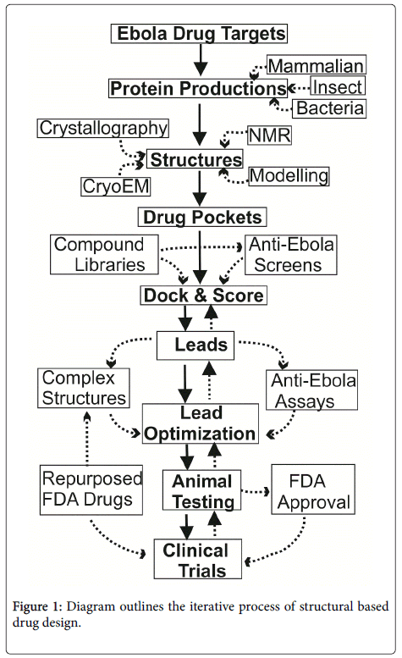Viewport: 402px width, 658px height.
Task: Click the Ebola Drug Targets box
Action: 199,34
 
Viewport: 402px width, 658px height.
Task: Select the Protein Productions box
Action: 198,88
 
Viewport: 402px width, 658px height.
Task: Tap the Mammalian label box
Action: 317,65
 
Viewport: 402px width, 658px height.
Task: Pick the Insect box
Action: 338,86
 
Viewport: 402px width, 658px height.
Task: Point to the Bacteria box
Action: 329,108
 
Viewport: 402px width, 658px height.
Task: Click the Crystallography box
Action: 103,128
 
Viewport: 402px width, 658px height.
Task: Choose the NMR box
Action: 269,135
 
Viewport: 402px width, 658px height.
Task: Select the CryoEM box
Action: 116,186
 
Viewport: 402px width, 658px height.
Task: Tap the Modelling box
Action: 289,176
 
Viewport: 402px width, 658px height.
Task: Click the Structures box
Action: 195,159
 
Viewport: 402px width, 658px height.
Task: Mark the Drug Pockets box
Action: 202,217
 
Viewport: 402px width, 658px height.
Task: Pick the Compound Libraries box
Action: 104,255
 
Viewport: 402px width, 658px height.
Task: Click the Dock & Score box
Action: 203,295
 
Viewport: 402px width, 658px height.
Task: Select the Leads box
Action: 195,346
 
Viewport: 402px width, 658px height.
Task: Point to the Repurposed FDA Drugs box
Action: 91,489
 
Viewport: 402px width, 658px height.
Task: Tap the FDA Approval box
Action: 313,489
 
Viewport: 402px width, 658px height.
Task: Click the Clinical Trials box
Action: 198,559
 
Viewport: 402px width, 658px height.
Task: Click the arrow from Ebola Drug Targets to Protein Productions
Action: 201,60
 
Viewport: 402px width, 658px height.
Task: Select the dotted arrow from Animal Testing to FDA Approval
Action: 256,491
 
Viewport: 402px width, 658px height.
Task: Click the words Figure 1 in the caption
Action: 37,606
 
